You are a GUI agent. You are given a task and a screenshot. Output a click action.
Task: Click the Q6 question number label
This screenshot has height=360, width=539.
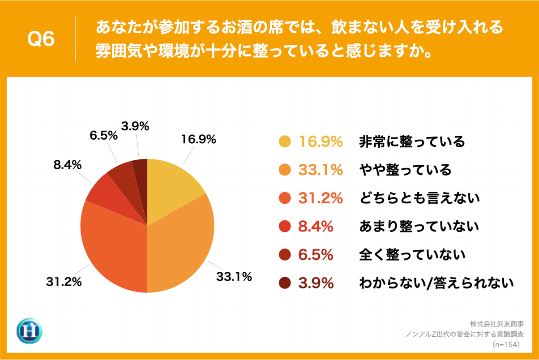(x=41, y=39)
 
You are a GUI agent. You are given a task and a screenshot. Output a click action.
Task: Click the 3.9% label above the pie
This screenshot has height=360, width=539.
(x=135, y=127)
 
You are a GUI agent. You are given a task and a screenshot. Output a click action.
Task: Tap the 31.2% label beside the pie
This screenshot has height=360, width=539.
(x=64, y=282)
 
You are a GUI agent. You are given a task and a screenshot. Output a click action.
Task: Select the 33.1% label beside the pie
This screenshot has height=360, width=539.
(x=234, y=277)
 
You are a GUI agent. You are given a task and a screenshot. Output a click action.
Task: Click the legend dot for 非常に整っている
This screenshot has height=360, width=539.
(x=285, y=142)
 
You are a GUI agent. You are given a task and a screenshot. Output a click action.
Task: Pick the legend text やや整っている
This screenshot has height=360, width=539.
(x=405, y=170)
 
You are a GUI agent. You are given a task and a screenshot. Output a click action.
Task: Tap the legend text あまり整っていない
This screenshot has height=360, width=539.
(x=419, y=227)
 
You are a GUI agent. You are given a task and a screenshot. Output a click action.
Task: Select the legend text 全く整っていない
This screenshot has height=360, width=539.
(x=412, y=255)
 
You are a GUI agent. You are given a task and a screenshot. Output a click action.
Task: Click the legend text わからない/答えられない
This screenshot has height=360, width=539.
(x=436, y=283)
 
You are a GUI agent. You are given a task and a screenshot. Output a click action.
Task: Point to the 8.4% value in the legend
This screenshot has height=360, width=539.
(x=316, y=227)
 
